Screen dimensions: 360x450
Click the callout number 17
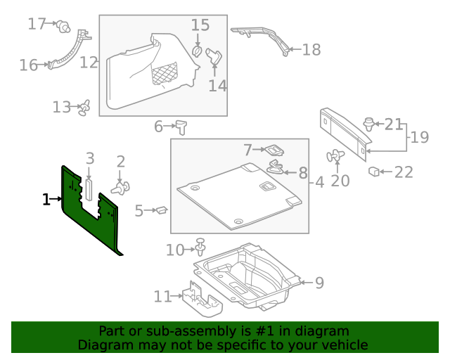pos(37,24)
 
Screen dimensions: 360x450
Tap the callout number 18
pos(311,49)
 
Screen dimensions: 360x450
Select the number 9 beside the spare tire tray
pos(319,283)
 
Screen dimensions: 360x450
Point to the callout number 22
pos(403,172)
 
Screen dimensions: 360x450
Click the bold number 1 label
pos(46,200)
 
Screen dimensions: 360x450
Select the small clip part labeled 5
pos(161,209)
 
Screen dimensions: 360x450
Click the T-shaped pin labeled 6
pos(184,127)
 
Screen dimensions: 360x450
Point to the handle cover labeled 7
pos(273,150)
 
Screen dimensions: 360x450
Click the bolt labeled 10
pos(201,247)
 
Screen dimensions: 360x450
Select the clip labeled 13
pos(85,107)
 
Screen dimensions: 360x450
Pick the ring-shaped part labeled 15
pos(198,52)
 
